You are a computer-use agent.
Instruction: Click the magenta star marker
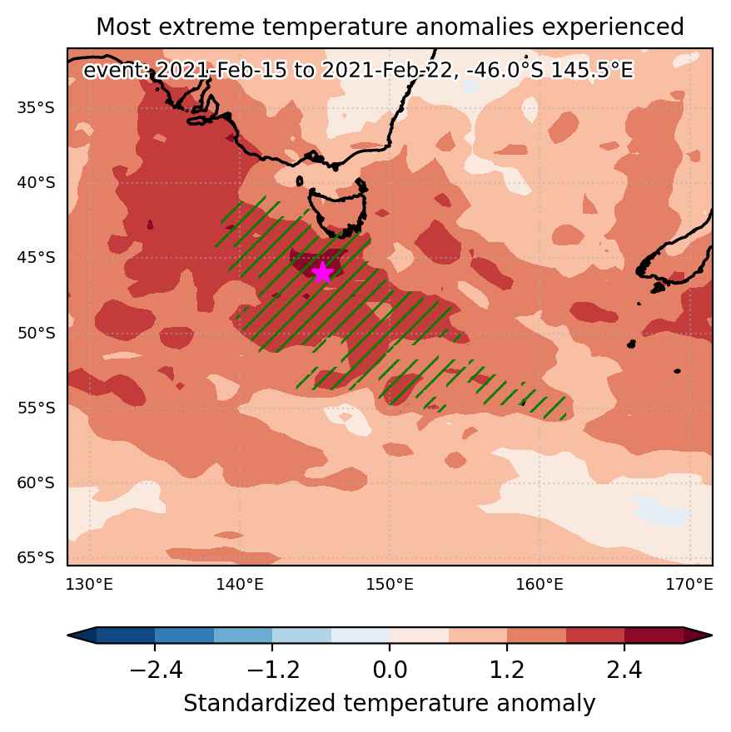tap(322, 273)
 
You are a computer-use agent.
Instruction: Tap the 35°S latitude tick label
tap(36, 108)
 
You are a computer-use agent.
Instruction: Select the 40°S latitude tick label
tap(36, 182)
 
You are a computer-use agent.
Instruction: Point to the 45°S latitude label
tap(36, 258)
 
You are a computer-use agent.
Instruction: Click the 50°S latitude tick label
tap(36, 333)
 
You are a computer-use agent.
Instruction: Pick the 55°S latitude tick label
tap(36, 408)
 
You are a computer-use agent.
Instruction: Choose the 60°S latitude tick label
tap(36, 482)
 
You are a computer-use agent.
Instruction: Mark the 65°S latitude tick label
tap(36, 558)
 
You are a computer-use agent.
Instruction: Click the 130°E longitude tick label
tap(89, 585)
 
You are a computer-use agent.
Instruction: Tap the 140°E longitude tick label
tap(239, 585)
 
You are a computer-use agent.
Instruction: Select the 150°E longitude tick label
tap(390, 585)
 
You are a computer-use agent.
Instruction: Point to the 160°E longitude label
tap(540, 585)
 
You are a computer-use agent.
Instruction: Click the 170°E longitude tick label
tap(689, 585)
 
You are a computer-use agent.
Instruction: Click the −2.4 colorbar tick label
tap(156, 670)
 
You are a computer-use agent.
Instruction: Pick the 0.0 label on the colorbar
tap(390, 670)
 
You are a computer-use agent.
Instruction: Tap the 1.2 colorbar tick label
tap(507, 670)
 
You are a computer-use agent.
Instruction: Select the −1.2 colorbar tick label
tap(272, 670)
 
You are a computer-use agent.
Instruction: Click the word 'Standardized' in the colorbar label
tap(260, 704)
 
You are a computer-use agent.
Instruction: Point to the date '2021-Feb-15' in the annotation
tap(221, 71)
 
